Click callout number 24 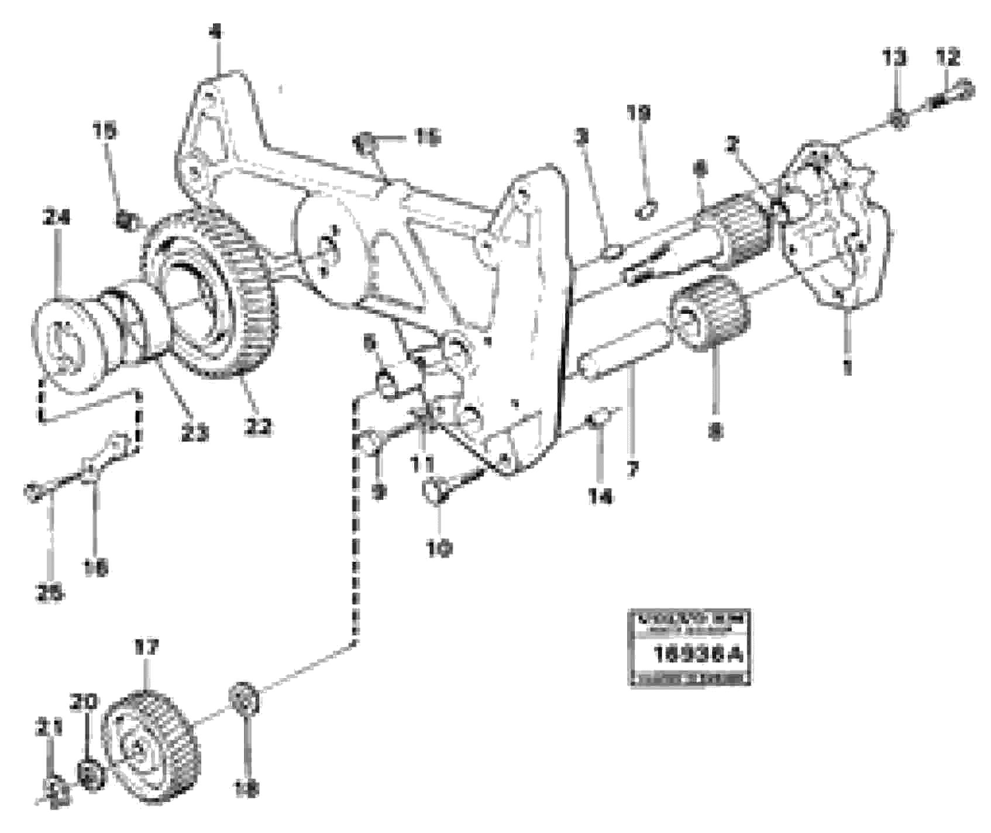coord(57,217)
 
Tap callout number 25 coord(51,594)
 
